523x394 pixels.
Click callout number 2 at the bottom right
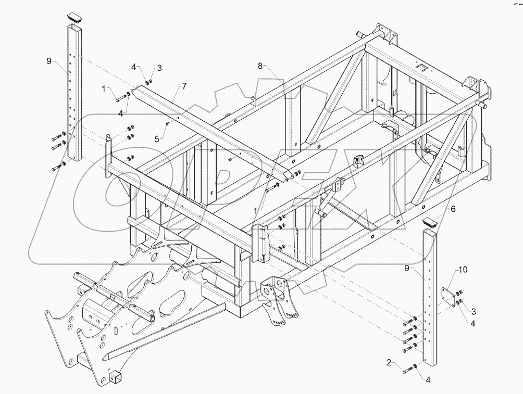pyautogui.click(x=388, y=362)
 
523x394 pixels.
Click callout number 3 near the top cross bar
pyautogui.click(x=160, y=68)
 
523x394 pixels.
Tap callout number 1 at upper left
pyautogui.click(x=104, y=88)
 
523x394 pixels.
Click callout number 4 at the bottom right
pyautogui.click(x=428, y=380)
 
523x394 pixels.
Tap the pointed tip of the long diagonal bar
pyautogui.click(x=104, y=358)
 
